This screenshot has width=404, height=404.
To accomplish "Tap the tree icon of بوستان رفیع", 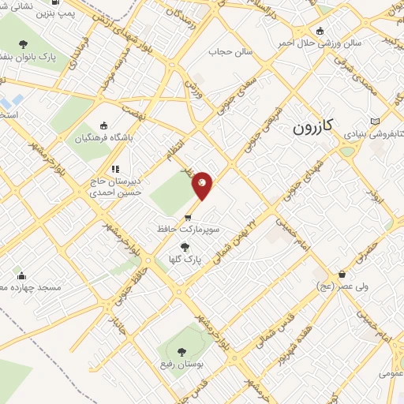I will pos(182,352).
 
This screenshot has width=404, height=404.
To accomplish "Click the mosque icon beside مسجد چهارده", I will pos(21,276).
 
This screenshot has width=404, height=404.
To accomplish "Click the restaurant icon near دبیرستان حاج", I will pos(115,168).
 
